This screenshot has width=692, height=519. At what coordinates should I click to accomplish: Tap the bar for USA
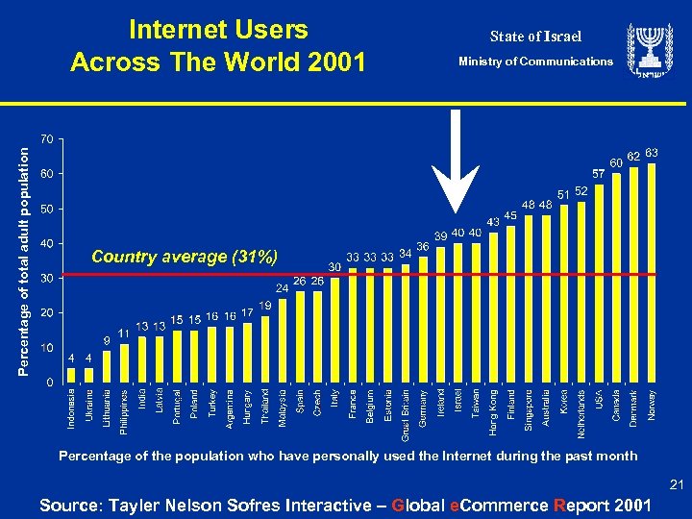click(x=599, y=283)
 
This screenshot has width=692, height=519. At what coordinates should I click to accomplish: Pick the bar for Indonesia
click(x=71, y=375)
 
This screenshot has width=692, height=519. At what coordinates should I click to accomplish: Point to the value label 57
click(x=598, y=175)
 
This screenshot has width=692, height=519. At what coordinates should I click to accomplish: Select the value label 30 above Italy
click(x=334, y=266)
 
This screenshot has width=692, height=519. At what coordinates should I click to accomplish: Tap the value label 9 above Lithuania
click(x=107, y=340)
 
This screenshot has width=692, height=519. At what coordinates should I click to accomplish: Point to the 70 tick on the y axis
click(x=45, y=139)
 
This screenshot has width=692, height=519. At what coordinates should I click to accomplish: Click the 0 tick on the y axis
click(x=49, y=383)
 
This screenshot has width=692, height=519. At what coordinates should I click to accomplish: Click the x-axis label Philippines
click(x=124, y=412)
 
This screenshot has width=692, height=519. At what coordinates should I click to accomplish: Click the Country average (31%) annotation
click(x=184, y=257)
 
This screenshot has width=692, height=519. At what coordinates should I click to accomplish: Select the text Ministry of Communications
click(x=535, y=62)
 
